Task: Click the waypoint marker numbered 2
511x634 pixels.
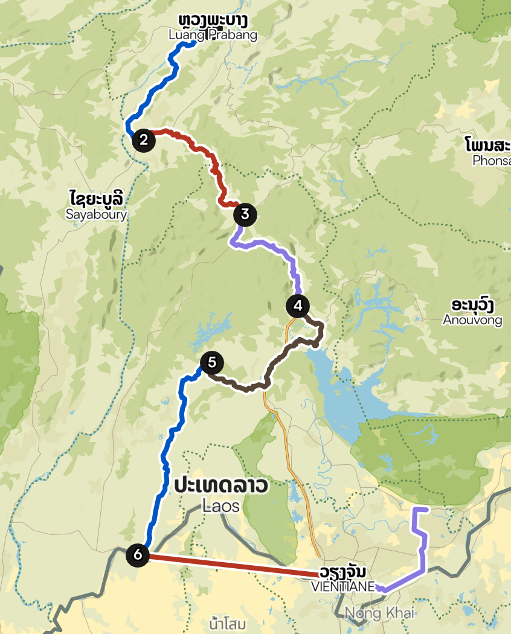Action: point(144,140)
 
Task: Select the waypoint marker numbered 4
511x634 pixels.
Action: point(297,306)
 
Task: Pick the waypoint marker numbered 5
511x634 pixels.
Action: point(211,362)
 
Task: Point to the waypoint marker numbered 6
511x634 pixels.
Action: point(138,554)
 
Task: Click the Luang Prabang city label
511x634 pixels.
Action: point(213,35)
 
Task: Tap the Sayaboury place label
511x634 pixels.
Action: point(97,214)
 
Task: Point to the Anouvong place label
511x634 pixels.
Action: point(472,319)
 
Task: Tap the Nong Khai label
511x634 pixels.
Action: point(379,613)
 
